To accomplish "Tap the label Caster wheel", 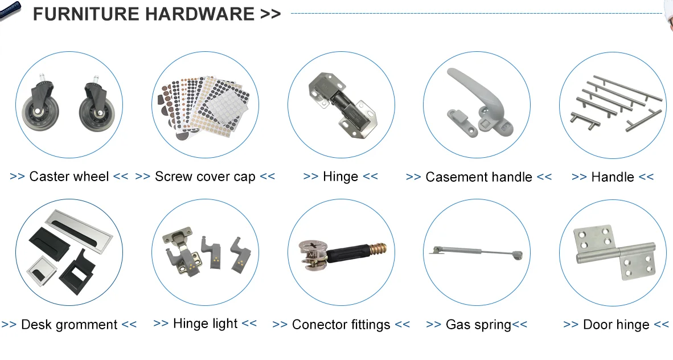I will coord(69,177).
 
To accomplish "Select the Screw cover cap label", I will coord(205,177).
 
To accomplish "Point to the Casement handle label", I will coord(479,177).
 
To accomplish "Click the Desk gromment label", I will coord(69,325).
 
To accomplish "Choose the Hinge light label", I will coord(205,324).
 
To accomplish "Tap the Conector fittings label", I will coord(341,325).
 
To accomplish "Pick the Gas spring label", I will coord(478,325).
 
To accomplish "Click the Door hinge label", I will coord(616,325).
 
